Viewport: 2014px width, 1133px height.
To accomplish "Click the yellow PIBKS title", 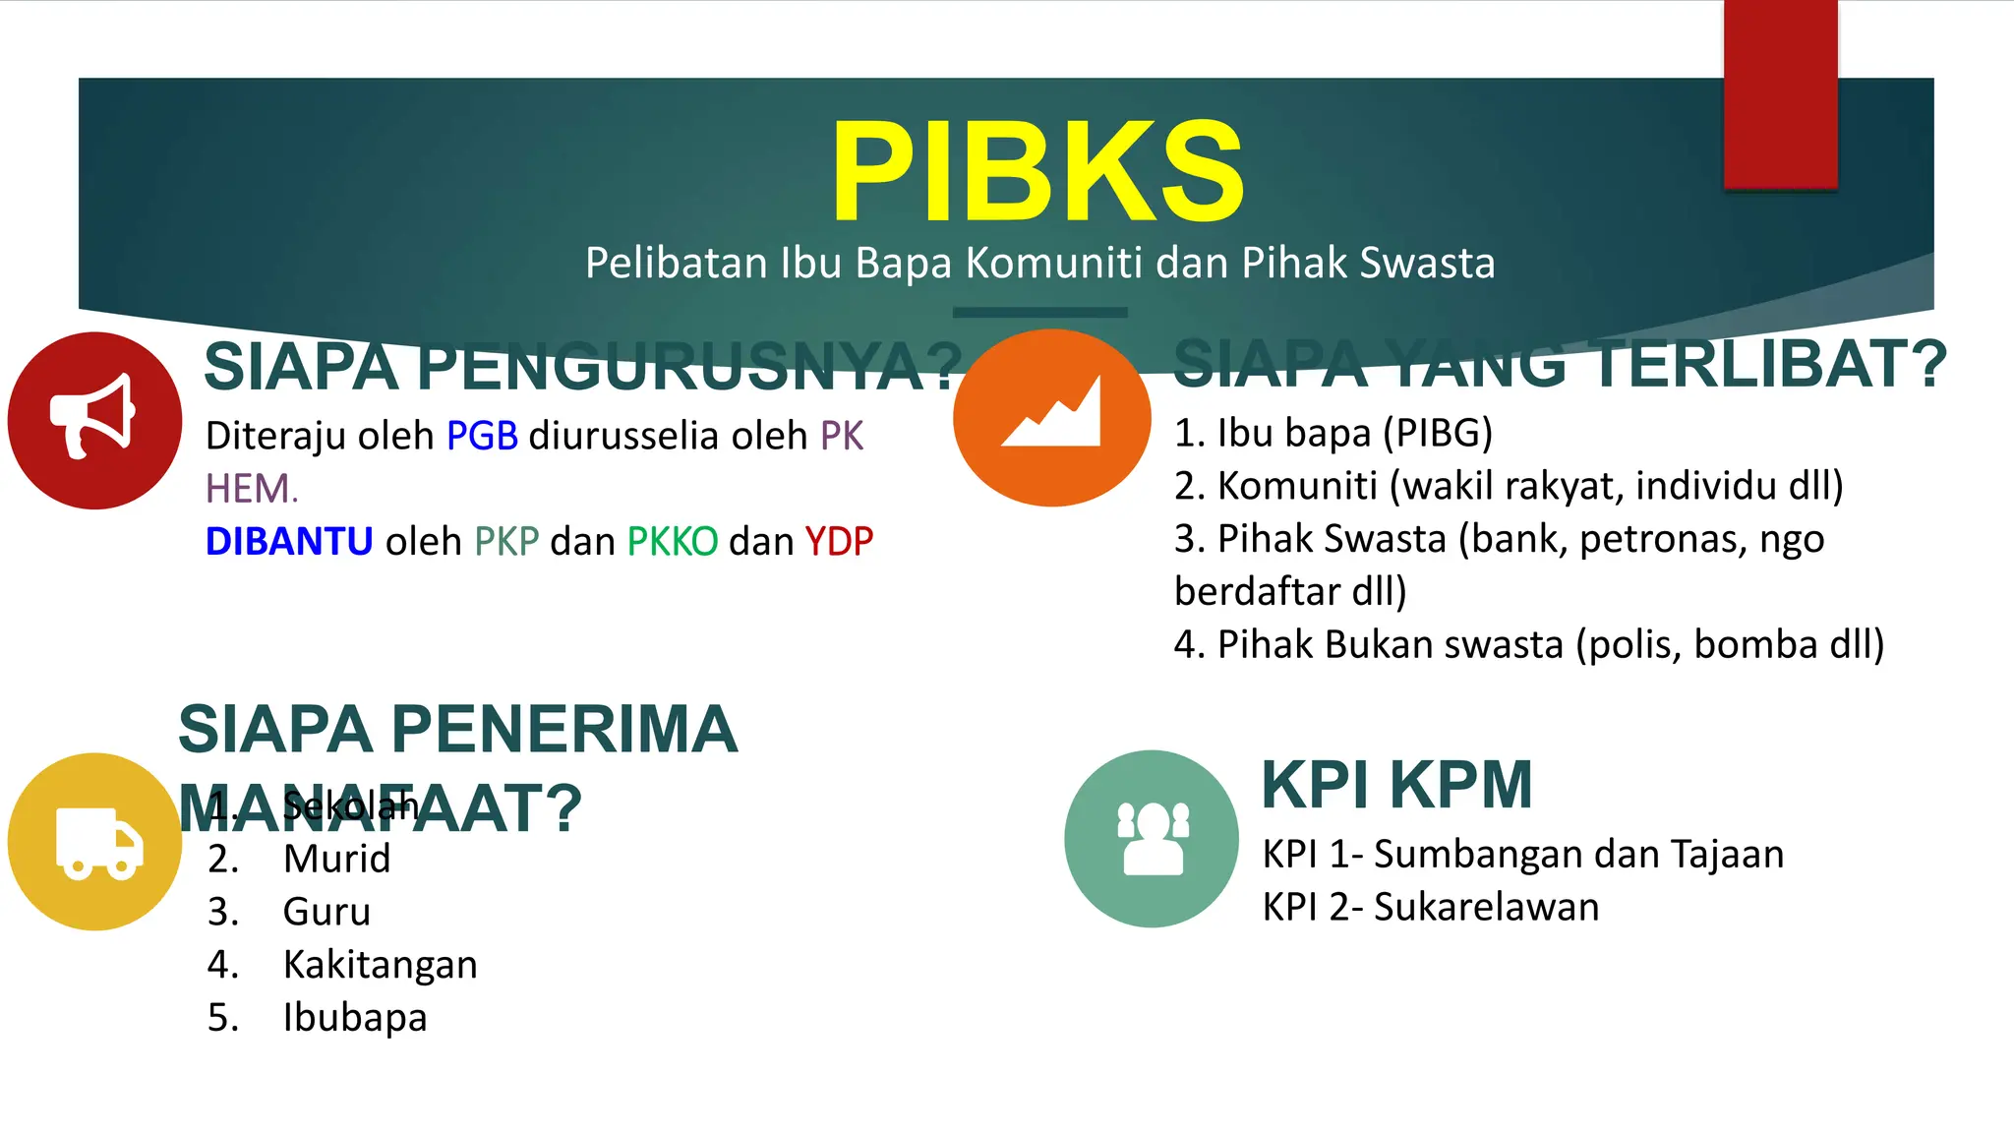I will [x=1037, y=173].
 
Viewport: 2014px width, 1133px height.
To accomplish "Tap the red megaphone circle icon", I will [x=94, y=420].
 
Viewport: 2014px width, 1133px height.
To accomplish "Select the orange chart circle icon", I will [x=1051, y=418].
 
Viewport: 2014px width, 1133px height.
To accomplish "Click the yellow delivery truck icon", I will [x=95, y=842].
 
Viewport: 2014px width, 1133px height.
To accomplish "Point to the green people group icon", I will [x=1152, y=839].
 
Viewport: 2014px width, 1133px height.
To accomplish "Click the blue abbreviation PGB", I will [x=482, y=436].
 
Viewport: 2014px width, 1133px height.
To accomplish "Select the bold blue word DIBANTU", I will [x=289, y=542].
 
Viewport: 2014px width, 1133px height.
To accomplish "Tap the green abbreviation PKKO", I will [x=673, y=542].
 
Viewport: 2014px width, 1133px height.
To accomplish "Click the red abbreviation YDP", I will [x=839, y=542].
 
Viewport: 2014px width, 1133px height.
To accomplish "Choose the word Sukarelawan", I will [x=1486, y=907].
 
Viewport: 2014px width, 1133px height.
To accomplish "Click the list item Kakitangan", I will [x=380, y=965].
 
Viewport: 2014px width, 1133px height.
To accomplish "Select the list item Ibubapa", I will [x=355, y=1017].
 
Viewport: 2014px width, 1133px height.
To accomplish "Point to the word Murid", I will [x=336, y=859].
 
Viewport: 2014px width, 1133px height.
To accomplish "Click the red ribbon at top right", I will [x=1780, y=93].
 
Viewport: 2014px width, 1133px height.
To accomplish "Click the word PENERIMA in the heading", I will [x=564, y=730].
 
